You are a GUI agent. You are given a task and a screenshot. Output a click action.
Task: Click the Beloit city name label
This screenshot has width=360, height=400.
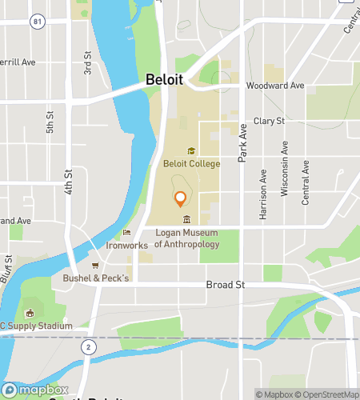click(164, 80)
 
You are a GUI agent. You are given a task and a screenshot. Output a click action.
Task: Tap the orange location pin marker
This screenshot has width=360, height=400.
click(180, 198)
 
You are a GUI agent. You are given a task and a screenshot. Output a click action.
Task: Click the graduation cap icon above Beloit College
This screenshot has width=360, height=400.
click(191, 150)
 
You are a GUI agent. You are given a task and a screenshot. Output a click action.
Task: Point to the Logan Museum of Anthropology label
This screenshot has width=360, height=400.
click(186, 238)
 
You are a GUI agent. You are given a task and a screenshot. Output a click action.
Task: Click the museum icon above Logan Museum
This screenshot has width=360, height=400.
click(186, 220)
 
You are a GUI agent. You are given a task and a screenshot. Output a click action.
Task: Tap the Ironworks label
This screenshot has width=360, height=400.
click(127, 246)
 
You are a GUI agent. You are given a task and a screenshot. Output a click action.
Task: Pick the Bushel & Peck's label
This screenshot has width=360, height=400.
click(95, 278)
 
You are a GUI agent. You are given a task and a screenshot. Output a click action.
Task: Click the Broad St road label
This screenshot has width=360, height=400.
click(225, 284)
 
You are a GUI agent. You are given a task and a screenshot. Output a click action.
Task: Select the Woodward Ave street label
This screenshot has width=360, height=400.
click(275, 86)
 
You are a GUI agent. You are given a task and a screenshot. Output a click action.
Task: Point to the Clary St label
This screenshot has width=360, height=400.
click(269, 121)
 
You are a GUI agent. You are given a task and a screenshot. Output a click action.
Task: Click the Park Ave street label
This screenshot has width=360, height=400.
click(243, 142)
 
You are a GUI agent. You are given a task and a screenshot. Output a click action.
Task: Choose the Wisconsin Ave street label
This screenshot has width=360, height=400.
click(284, 169)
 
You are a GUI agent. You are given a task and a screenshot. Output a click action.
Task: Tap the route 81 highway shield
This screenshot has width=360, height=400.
click(38, 22)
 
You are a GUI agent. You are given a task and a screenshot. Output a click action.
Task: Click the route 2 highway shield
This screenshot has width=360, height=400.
click(86, 346)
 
